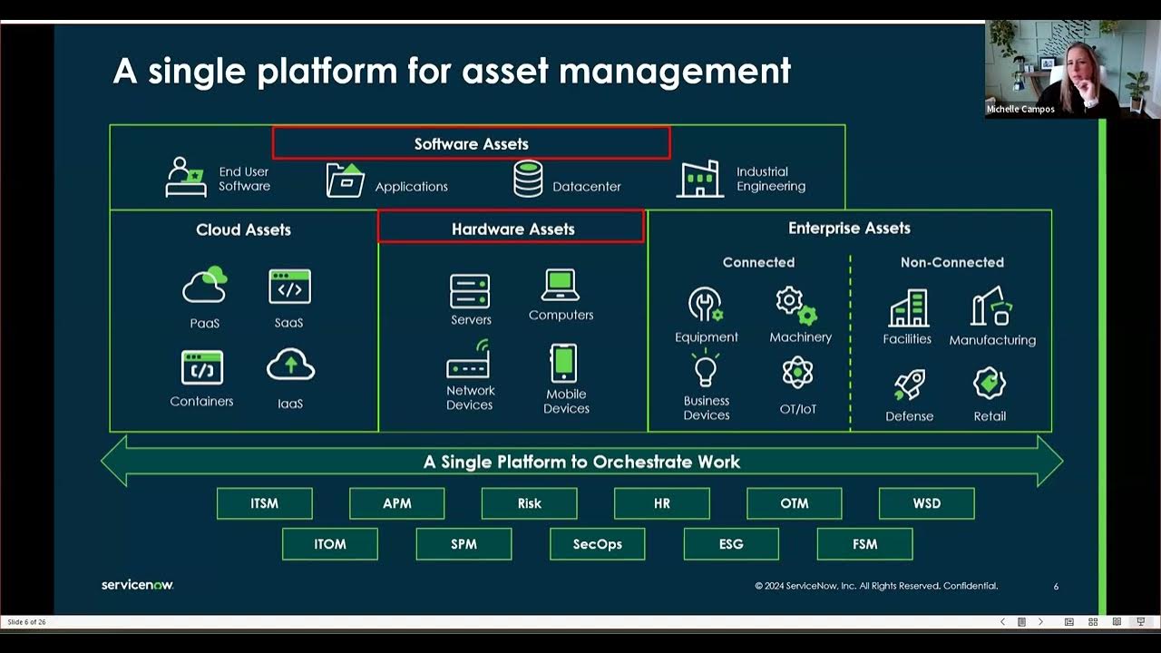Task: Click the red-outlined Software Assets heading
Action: pyautogui.click(x=471, y=143)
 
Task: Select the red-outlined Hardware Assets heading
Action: pyautogui.click(x=512, y=229)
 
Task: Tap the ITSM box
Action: pyautogui.click(x=264, y=503)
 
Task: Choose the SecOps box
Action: pyautogui.click(x=597, y=544)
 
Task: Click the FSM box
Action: pyautogui.click(x=864, y=544)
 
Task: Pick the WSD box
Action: pyautogui.click(x=926, y=503)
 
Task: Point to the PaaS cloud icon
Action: pyautogui.click(x=204, y=286)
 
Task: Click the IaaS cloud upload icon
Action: pyautogui.click(x=290, y=365)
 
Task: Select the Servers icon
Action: pyautogui.click(x=470, y=291)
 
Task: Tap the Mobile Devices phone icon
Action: pyautogui.click(x=563, y=364)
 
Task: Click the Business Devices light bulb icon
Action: pyautogui.click(x=706, y=370)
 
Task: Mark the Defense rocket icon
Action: pyautogui.click(x=909, y=385)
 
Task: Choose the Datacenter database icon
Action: pyautogui.click(x=528, y=179)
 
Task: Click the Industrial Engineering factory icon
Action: pyautogui.click(x=699, y=179)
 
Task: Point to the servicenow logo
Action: pyautogui.click(x=137, y=585)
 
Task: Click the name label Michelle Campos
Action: pyautogui.click(x=1020, y=109)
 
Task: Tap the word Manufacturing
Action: pyautogui.click(x=991, y=340)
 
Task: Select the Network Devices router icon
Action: pyautogui.click(x=469, y=361)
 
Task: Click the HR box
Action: pyautogui.click(x=661, y=503)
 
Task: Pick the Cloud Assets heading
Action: pyautogui.click(x=243, y=229)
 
